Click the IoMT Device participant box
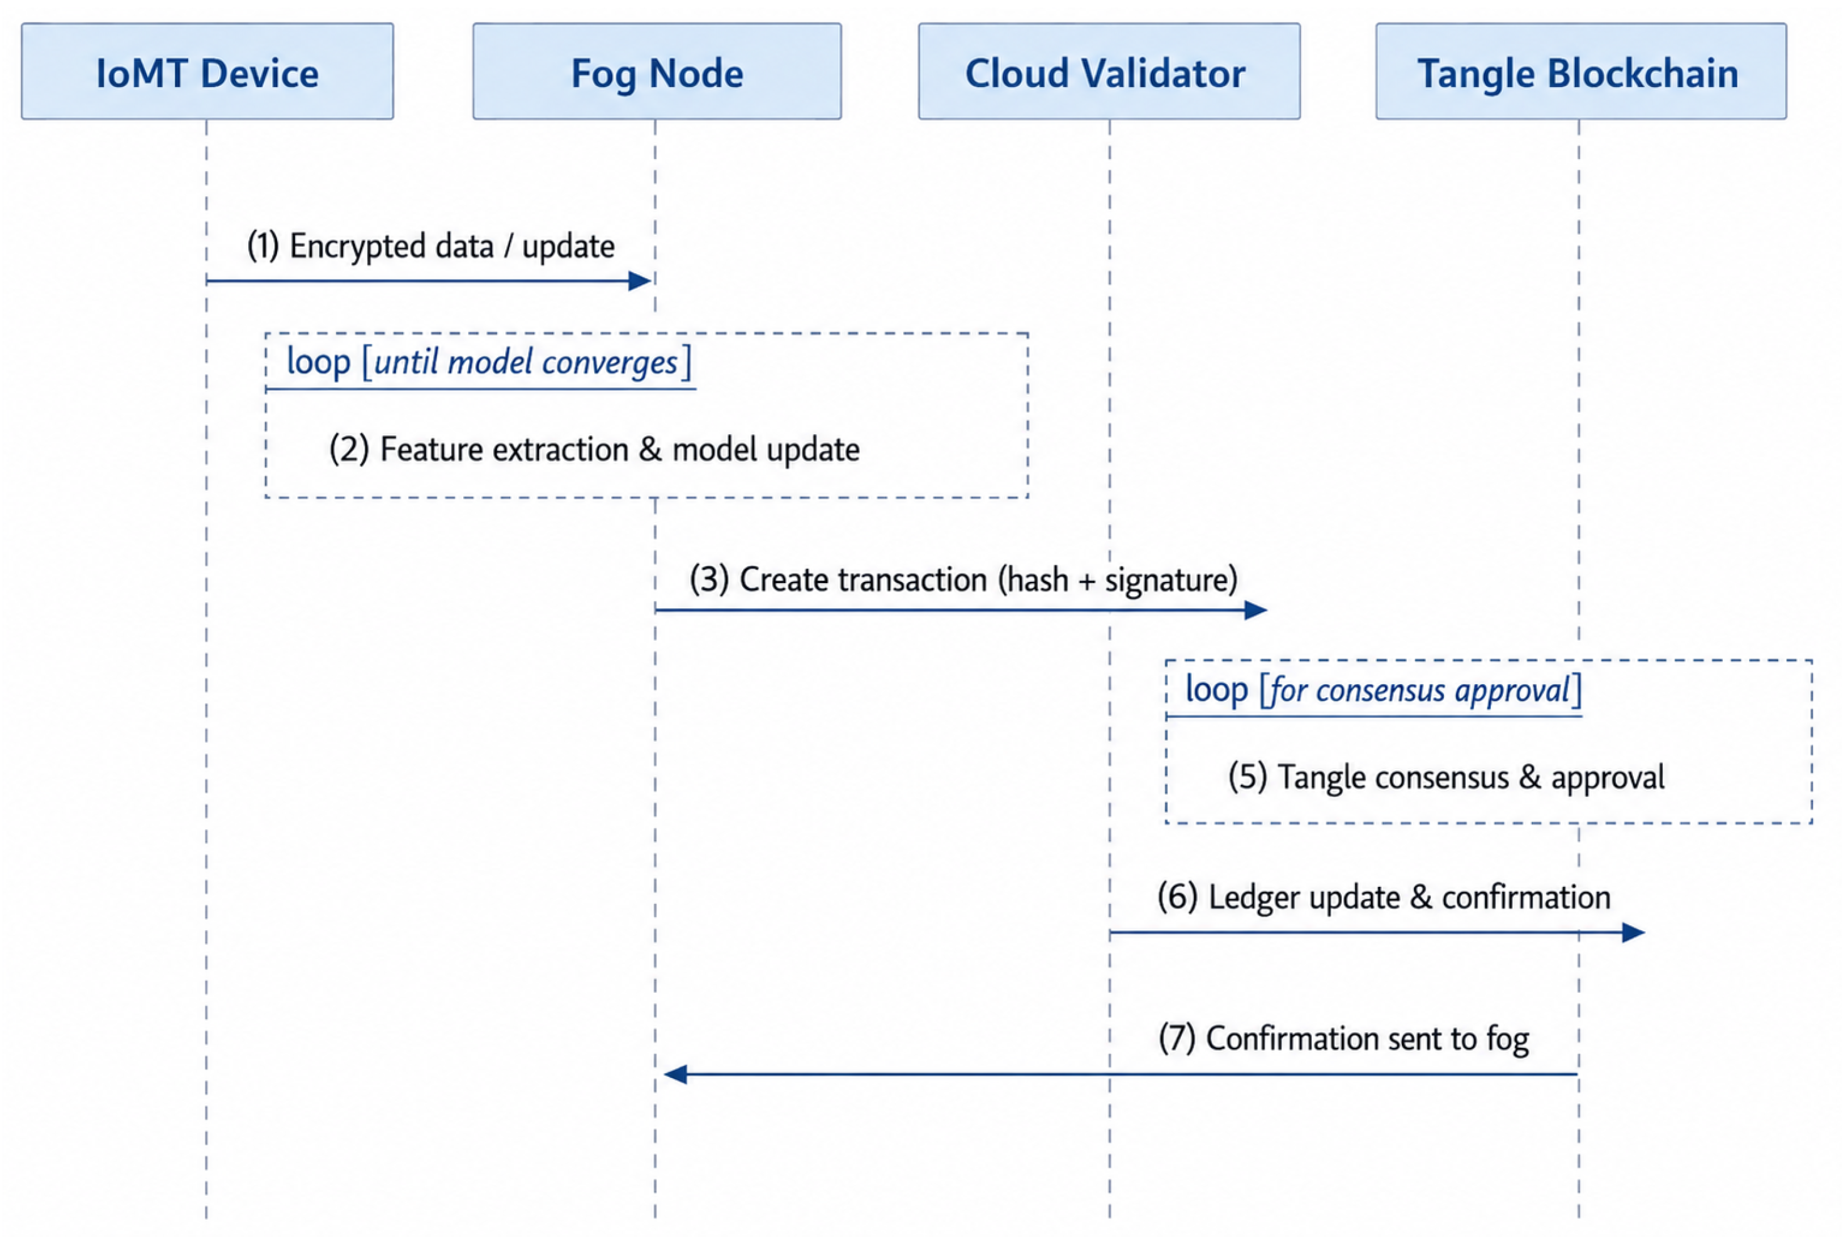[207, 71]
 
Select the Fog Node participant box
[657, 71]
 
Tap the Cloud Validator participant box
[1109, 71]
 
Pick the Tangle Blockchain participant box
[1581, 71]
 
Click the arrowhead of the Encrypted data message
[641, 281]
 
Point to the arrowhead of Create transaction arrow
[1256, 610]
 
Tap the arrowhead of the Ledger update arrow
[1633, 933]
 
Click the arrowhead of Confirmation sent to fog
[675, 1074]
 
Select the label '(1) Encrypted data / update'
[431, 246]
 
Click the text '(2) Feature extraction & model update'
[594, 449]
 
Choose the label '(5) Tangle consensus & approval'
[1447, 777]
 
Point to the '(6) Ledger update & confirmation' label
[1384, 898]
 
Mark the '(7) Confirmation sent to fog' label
[1344, 1039]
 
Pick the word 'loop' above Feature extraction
[318, 362]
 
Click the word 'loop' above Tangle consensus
[1217, 690]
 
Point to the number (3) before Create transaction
[709, 580]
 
